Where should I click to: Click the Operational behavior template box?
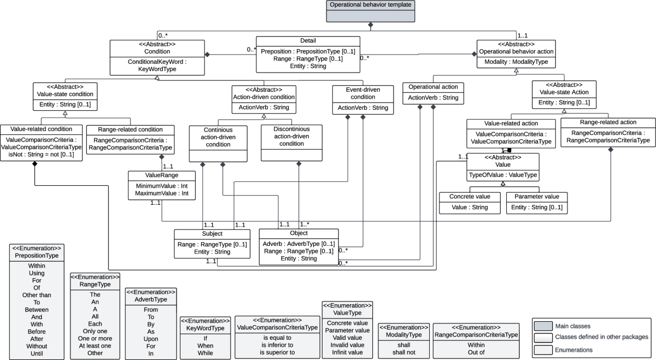tap(371, 11)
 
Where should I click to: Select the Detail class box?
tap(308, 53)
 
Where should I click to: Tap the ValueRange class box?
tap(162, 185)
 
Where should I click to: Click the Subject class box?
tap(212, 244)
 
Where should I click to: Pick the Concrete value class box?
tap(470, 203)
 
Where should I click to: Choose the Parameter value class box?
tap(536, 203)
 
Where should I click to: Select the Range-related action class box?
tap(607, 131)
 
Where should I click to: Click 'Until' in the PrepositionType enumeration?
tap(37, 353)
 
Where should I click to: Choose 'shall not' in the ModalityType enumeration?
tap(403, 352)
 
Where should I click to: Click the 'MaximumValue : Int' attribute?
tap(162, 193)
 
